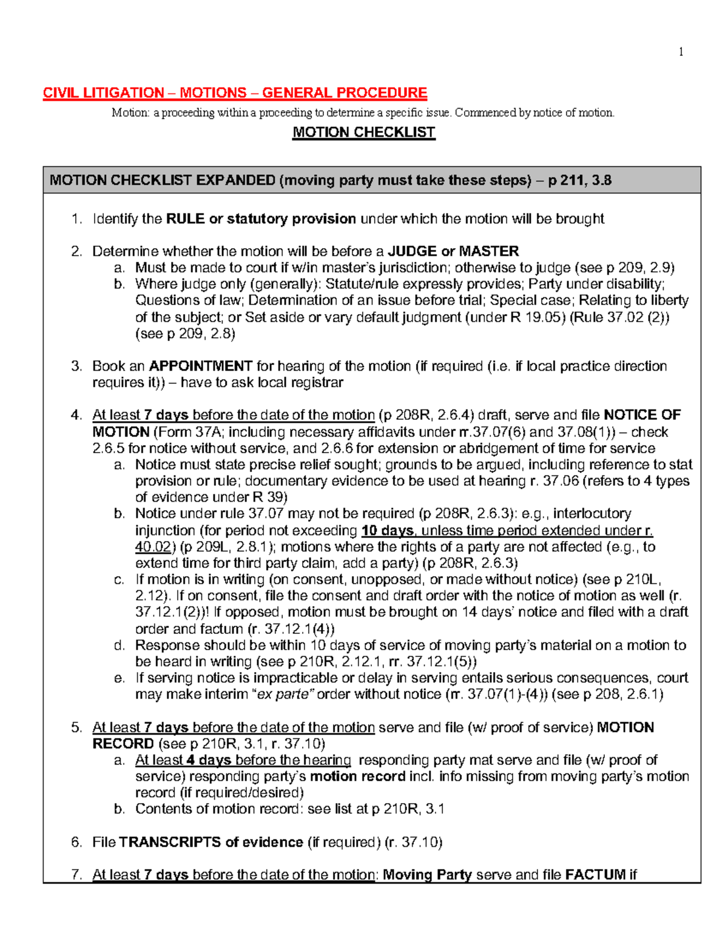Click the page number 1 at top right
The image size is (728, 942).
coord(681,52)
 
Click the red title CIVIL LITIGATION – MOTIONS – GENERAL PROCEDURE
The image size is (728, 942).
coord(235,93)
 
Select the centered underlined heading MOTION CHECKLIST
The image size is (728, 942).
coord(363,132)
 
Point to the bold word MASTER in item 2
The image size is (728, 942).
coord(489,251)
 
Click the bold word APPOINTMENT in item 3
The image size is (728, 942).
coord(201,366)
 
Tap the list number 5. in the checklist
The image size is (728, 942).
coord(76,727)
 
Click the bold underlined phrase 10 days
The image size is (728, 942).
coord(387,530)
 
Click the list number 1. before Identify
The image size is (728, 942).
coord(76,219)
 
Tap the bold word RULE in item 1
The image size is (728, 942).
coord(185,219)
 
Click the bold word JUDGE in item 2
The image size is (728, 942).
coord(413,251)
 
